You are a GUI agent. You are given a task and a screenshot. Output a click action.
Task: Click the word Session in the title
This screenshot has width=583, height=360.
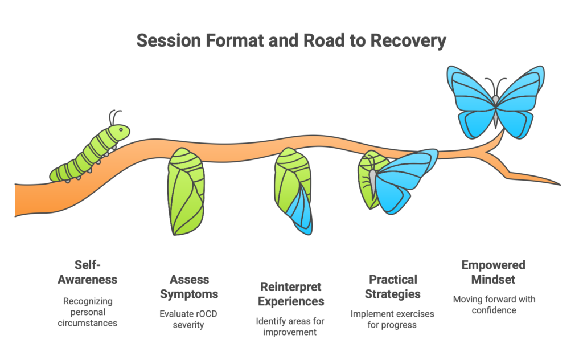pos(169,40)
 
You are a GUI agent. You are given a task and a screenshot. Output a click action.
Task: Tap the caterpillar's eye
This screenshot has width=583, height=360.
pos(121,130)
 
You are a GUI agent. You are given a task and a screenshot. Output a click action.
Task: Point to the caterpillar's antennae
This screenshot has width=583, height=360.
pos(114,117)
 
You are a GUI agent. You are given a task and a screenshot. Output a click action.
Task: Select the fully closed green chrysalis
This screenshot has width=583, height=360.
pos(186,191)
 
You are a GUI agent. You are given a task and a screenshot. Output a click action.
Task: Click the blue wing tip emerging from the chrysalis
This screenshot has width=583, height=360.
pos(302,212)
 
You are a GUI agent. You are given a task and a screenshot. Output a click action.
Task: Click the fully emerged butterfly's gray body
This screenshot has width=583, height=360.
pos(496,111)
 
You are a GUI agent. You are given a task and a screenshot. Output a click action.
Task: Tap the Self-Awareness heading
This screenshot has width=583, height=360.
pos(87,272)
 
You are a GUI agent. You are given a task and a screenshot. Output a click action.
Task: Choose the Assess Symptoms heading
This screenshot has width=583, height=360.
pos(189,287)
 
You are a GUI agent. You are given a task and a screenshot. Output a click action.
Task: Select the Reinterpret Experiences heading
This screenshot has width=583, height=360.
pos(291,294)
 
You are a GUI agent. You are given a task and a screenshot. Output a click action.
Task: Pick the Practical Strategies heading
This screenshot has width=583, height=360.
pos(393,287)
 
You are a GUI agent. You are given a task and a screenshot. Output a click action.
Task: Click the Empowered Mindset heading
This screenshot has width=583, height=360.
pos(494,272)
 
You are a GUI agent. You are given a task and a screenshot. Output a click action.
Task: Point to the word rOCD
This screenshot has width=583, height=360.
pos(206,314)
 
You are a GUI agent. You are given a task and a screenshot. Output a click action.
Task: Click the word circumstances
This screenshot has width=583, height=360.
pos(87,323)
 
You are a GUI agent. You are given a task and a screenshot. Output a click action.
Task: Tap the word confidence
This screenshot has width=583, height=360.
pos(494,310)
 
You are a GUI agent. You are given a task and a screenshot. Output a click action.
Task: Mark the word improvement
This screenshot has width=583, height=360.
pos(290,332)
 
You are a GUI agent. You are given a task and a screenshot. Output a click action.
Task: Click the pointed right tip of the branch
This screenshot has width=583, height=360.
pos(560,184)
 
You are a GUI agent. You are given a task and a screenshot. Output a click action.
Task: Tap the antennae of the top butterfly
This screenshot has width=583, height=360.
pos(496,86)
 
